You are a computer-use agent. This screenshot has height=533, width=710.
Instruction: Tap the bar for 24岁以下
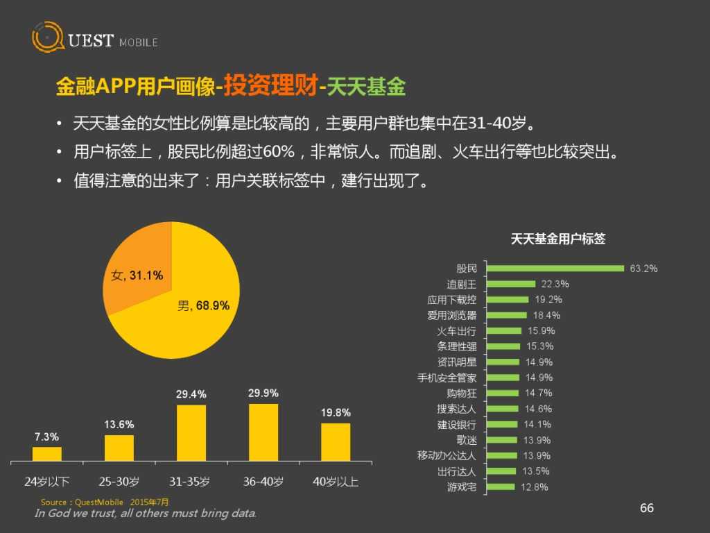[47, 453]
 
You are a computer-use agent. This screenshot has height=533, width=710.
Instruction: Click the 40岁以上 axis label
[335, 481]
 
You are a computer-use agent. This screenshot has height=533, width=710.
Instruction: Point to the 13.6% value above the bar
[119, 424]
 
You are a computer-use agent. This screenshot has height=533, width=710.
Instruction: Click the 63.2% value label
[643, 268]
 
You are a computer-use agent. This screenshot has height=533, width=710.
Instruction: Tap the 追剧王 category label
[461, 284]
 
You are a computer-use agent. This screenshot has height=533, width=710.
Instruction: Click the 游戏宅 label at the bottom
[461, 487]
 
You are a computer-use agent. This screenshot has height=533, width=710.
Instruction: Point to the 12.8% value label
[534, 487]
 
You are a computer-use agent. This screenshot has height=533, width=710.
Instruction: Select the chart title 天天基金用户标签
[557, 239]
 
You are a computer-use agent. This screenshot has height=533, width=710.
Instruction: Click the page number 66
[646, 508]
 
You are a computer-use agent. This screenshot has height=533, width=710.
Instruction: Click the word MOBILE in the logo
[138, 42]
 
